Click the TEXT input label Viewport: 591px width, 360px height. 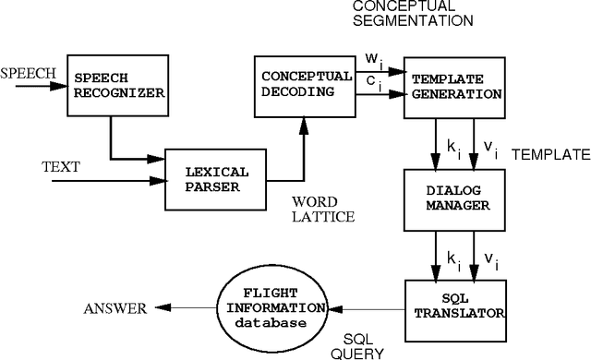pyautogui.click(x=62, y=168)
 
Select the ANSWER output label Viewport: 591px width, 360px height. pyautogui.click(x=115, y=308)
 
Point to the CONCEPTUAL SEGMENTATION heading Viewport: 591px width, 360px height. pyautogui.click(x=413, y=12)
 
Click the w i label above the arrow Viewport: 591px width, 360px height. pyautogui.click(x=373, y=59)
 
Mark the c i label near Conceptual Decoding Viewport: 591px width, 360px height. pyautogui.click(x=372, y=80)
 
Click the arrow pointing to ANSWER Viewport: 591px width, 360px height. pyautogui.click(x=185, y=308)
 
